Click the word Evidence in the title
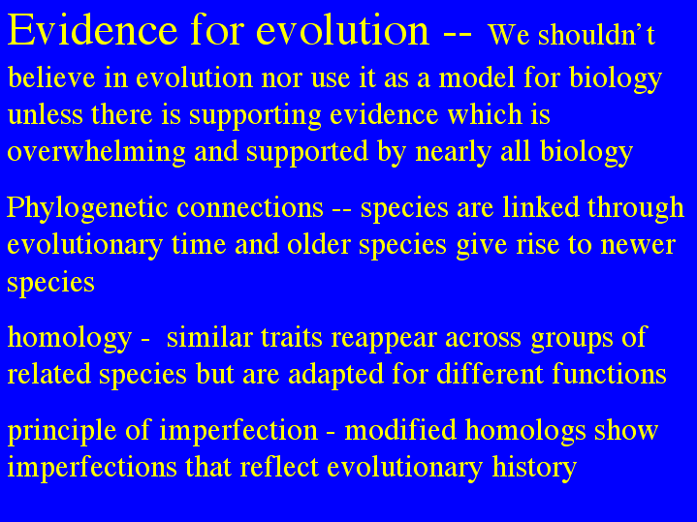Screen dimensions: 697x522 pyautogui.click(x=93, y=30)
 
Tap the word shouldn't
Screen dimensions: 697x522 pyautogui.click(x=596, y=34)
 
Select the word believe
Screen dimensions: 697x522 pyautogui.click(x=52, y=77)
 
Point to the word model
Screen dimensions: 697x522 pyautogui.click(x=477, y=77)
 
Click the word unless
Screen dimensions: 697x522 pyautogui.click(x=46, y=114)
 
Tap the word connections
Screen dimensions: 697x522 pyautogui.click(x=250, y=207)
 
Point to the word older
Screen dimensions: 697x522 pyautogui.click(x=319, y=244)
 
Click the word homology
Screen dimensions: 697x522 pyautogui.click(x=70, y=339)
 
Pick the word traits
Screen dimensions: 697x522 pyautogui.click(x=291, y=338)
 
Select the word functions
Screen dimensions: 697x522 pyautogui.click(x=609, y=374)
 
